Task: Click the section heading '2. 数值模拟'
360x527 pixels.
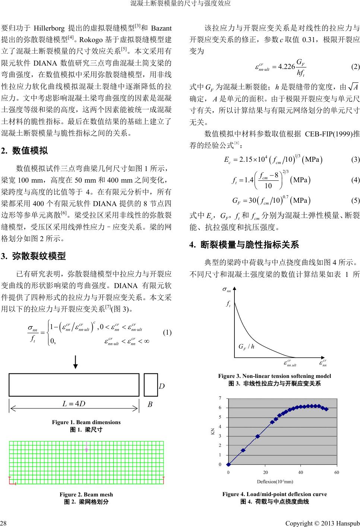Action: pyautogui.click(x=30, y=151)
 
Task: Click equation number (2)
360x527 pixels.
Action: pyautogui.click(x=355, y=67)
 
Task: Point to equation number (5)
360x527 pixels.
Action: pyautogui.click(x=355, y=201)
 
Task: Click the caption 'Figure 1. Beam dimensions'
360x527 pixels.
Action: pyautogui.click(x=86, y=422)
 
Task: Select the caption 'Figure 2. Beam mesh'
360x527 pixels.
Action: pyautogui.click(x=86, y=495)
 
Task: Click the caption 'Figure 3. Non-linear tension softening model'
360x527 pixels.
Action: pyautogui.click(x=274, y=376)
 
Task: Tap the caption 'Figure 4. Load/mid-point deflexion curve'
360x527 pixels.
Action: pyautogui.click(x=274, y=494)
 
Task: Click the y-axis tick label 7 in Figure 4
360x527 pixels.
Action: pyautogui.click(x=220, y=398)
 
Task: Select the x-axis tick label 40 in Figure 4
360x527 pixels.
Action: pyautogui.click(x=300, y=473)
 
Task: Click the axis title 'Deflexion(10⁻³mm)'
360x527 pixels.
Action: pyautogui.click(x=275, y=481)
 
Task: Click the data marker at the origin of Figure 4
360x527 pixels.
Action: pyautogui.click(x=228, y=464)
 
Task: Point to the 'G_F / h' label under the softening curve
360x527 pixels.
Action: pyautogui.click(x=246, y=347)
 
